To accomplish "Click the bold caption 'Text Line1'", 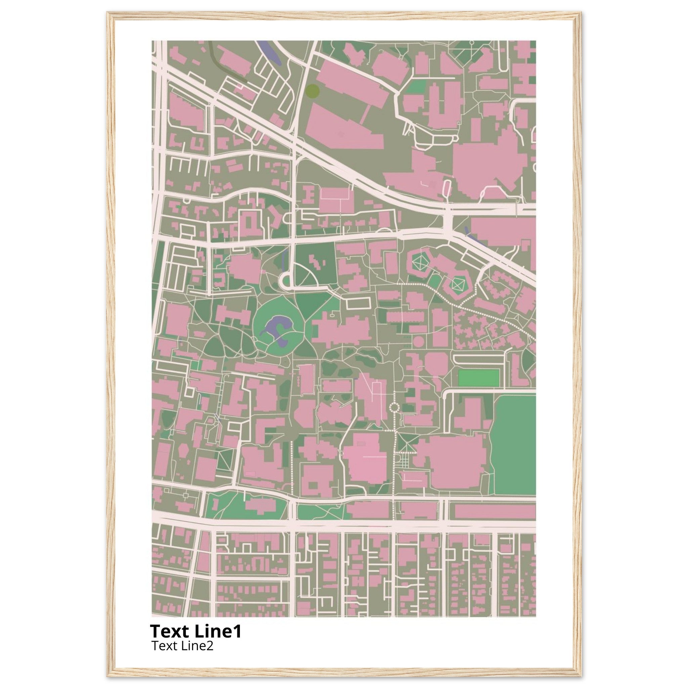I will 196,631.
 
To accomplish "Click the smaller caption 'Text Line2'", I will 182,646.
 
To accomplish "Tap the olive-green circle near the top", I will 313,90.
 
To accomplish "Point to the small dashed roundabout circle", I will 394,407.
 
